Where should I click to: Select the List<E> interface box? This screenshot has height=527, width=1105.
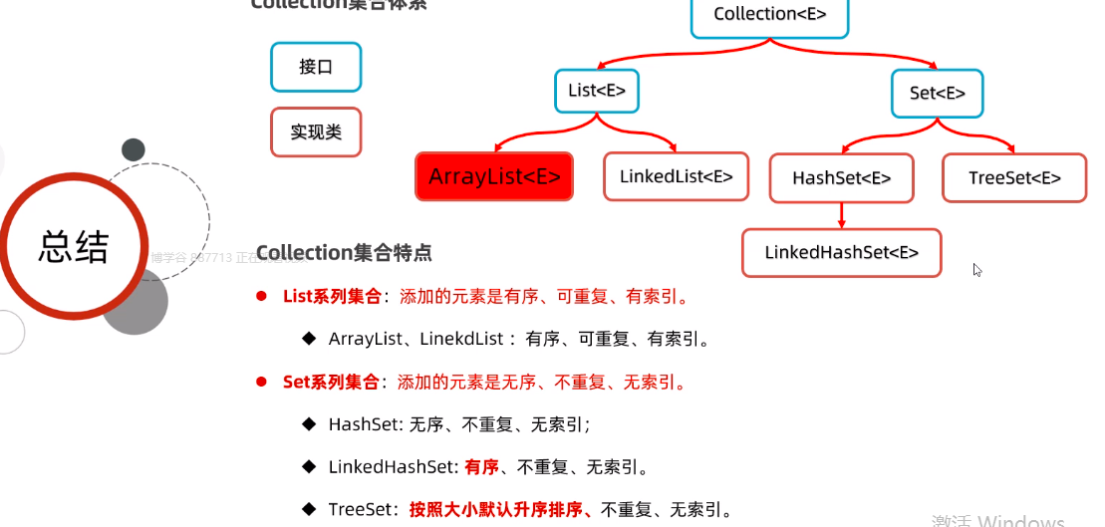(597, 91)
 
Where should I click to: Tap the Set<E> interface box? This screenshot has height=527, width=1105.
(937, 94)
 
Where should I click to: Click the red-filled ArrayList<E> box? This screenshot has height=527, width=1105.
(494, 177)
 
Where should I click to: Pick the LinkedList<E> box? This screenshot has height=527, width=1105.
(677, 177)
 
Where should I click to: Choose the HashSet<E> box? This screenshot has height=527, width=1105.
(841, 178)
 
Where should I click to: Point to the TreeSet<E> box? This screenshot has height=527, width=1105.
(1014, 178)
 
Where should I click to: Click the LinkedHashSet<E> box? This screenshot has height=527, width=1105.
(841, 253)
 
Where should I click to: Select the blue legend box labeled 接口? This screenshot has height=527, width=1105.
(316, 68)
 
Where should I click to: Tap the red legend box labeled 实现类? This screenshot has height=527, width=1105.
(316, 132)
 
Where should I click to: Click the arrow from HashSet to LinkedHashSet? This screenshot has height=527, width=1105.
(842, 215)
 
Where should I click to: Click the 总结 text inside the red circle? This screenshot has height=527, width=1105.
(73, 246)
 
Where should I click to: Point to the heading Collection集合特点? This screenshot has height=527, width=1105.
(344, 252)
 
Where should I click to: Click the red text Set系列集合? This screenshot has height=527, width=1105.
(331, 382)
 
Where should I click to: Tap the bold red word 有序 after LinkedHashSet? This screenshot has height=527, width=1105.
(481, 466)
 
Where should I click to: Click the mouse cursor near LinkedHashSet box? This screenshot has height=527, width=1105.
(977, 269)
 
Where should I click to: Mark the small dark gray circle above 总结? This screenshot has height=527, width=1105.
(134, 149)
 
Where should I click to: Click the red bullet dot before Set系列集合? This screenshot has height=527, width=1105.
(262, 382)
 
